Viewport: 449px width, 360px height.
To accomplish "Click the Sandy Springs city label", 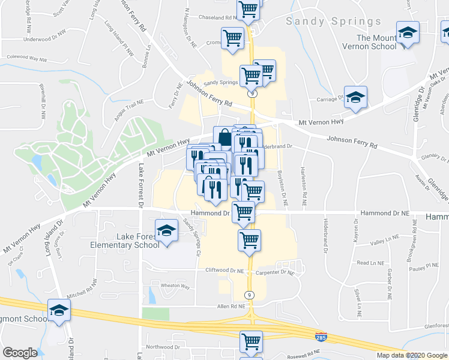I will [333, 22].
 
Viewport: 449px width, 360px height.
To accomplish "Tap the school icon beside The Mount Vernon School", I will [408, 33].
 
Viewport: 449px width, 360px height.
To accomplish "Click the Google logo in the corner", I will [20, 353].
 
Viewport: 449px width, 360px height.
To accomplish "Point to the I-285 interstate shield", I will [321, 337].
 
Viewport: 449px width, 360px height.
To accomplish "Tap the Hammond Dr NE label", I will [384, 214].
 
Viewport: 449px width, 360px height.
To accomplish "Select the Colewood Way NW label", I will [26, 59].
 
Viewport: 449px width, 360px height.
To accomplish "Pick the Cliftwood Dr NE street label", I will [224, 271].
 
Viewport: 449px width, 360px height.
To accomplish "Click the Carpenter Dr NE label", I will [275, 272].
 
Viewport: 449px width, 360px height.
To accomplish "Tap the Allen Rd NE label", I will [231, 306].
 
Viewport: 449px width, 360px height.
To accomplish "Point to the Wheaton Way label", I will [175, 287].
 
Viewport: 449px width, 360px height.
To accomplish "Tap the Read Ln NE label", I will [370, 263].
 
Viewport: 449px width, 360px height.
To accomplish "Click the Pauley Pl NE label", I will [424, 265].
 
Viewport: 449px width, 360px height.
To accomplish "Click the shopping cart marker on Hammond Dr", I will [244, 211].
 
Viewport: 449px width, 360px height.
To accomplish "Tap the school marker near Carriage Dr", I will [355, 97].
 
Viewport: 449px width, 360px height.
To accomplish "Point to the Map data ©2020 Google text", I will [412, 355].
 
